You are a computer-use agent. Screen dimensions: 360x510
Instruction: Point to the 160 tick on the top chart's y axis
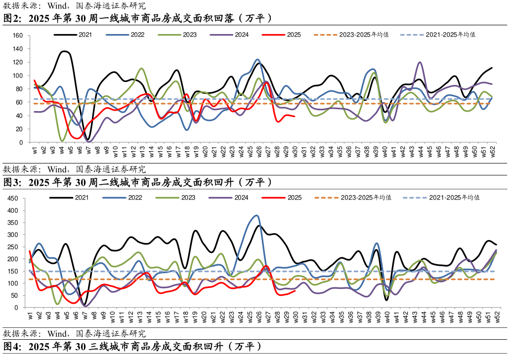pos(18,36)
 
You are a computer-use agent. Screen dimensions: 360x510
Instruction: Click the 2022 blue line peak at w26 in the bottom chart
pos(256,215)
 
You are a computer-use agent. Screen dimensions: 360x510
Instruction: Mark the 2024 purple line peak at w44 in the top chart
pos(420,62)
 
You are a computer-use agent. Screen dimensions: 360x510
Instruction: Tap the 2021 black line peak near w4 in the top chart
pos(64,51)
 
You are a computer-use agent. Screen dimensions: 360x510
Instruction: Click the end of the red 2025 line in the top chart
pos(295,117)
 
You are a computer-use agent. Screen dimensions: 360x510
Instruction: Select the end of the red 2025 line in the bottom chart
pos(295,291)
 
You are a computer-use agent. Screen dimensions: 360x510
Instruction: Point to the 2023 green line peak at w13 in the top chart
pos(142,68)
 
